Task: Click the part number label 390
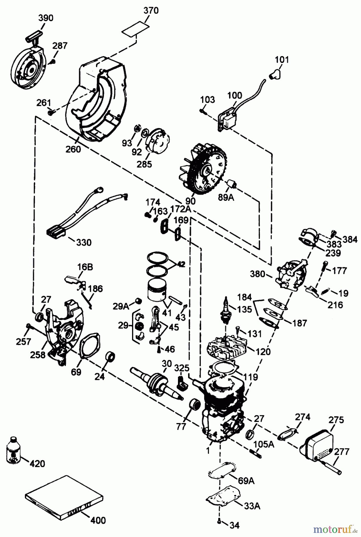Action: point(46,18)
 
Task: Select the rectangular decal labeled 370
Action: point(135,29)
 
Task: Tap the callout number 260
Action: point(73,149)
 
